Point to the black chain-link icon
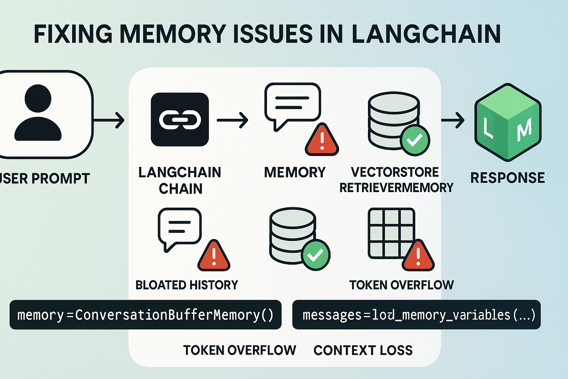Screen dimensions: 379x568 click(180, 120)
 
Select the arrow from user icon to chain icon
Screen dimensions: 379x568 click(109, 120)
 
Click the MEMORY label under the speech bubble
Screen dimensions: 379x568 click(295, 172)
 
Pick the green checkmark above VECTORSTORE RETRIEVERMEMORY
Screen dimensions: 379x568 click(415, 140)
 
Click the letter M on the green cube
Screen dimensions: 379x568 click(524, 129)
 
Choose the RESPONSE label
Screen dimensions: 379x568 click(507, 178)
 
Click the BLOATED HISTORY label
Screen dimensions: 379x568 click(187, 285)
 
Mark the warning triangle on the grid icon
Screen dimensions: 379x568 click(418, 256)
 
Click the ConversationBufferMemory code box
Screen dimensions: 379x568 click(145, 315)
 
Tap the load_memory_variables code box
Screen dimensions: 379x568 click(416, 315)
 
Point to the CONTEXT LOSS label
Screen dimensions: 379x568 click(363, 350)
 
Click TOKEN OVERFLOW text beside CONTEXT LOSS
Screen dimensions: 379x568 click(240, 350)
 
